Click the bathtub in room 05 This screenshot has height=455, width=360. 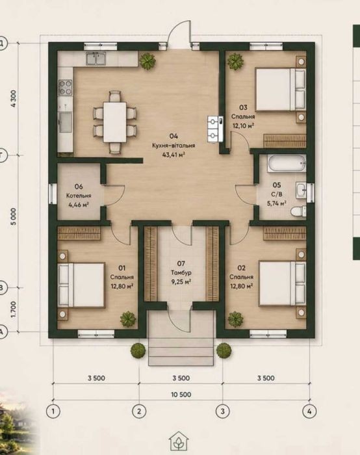pyautogui.click(x=287, y=163)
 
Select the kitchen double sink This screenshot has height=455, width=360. pyautogui.click(x=96, y=58)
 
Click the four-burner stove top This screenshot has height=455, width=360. pyautogui.click(x=65, y=88)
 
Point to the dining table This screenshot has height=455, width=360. pyautogui.click(x=115, y=122)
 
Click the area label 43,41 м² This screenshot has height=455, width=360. pyautogui.click(x=174, y=155)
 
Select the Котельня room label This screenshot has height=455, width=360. pyautogui.click(x=79, y=196)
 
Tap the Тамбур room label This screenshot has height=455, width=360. pyautogui.click(x=181, y=273)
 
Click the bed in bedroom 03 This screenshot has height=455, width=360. pyautogui.click(x=280, y=90)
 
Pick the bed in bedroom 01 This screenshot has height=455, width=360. pyautogui.click(x=81, y=285)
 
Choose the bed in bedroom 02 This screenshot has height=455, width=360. pyautogui.click(x=282, y=283)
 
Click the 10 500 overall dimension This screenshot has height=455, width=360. pyautogui.click(x=181, y=395)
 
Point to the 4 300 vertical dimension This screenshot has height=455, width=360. pyautogui.click(x=14, y=99)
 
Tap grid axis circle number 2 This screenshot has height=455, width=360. pyautogui.click(x=139, y=411)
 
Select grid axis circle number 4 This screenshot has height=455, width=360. pyautogui.click(x=309, y=411)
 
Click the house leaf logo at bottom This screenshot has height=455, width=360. pyautogui.click(x=179, y=441)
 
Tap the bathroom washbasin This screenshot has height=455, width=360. pyautogui.click(x=301, y=190)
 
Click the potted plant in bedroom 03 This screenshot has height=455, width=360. pyautogui.click(x=235, y=61)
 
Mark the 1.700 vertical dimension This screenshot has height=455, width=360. pyautogui.click(x=14, y=309)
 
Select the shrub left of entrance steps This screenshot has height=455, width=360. pyautogui.click(x=138, y=350)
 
